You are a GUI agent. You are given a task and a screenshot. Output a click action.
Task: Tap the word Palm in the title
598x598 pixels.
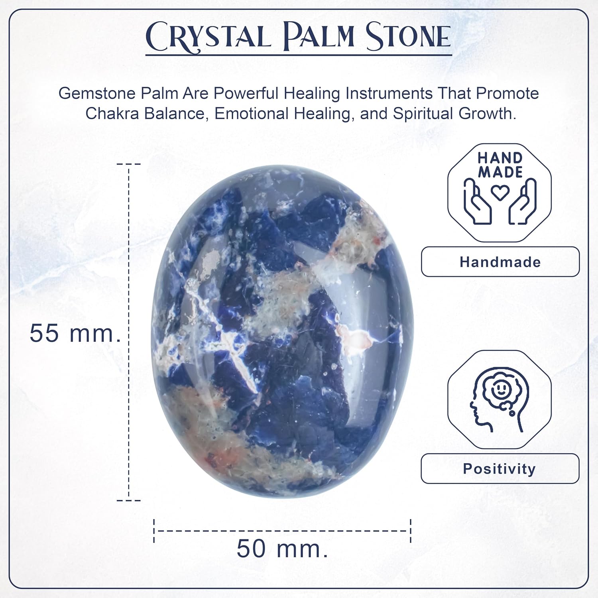pyautogui.click(x=318, y=37)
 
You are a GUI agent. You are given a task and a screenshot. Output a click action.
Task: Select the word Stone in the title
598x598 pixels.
pyautogui.click(x=408, y=37)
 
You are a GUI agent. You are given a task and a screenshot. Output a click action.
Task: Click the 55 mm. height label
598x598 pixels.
pyautogui.click(x=75, y=333)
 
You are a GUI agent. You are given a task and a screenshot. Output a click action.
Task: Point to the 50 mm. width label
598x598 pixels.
pyautogui.click(x=282, y=549)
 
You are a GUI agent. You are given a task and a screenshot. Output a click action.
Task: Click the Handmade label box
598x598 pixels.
pyautogui.click(x=500, y=262)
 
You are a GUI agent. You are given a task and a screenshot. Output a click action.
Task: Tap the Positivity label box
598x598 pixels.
pyautogui.click(x=499, y=469)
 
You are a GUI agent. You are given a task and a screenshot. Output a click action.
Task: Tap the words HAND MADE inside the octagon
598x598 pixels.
pyautogui.click(x=500, y=165)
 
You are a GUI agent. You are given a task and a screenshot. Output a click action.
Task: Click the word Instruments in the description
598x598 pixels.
pyautogui.click(x=388, y=94)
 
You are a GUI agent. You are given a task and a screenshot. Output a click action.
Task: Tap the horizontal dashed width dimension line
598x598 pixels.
pyautogui.click(x=282, y=531)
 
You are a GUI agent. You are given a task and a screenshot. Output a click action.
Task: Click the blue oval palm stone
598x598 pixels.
pyautogui.click(x=282, y=331)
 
